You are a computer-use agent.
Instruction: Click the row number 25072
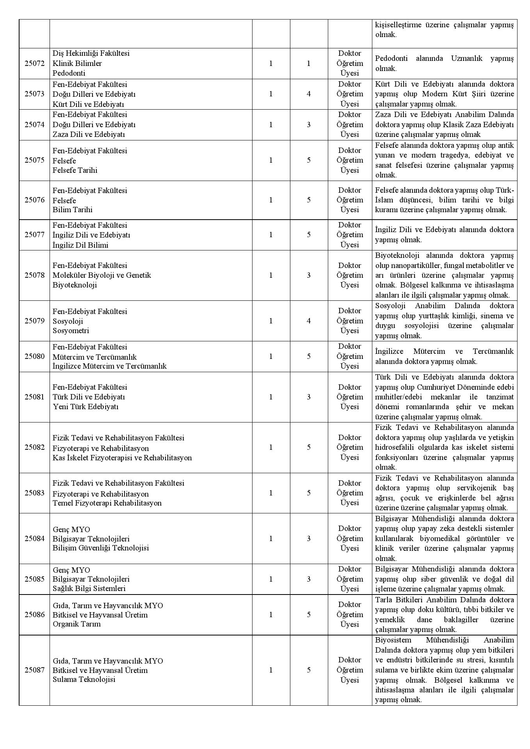coord(34,63)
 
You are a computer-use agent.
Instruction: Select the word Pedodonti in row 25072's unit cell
coord(69,73)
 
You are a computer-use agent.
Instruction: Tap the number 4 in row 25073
coord(309,94)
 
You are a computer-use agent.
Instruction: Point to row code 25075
coord(34,160)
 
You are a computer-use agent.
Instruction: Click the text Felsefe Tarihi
coord(75,170)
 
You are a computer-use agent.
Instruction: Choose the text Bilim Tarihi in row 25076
coord(73,210)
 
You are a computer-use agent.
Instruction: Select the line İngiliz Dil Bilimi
coord(80,245)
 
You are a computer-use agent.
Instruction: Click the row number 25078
coord(34,275)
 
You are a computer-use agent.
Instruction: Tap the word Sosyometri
coord(71,331)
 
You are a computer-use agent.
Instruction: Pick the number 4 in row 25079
coord(309,321)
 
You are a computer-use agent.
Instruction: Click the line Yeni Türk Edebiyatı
coord(85,406)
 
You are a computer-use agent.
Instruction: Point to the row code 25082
coord(34,447)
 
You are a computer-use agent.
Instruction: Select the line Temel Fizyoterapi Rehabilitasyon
coord(107,503)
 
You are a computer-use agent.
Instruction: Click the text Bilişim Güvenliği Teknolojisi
coord(101,548)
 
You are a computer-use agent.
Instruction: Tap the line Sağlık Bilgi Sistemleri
coord(89,589)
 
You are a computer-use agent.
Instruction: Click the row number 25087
coord(34,670)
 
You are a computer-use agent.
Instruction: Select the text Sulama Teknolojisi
coord(84,680)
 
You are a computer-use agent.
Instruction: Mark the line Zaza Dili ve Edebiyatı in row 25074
coord(89,135)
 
